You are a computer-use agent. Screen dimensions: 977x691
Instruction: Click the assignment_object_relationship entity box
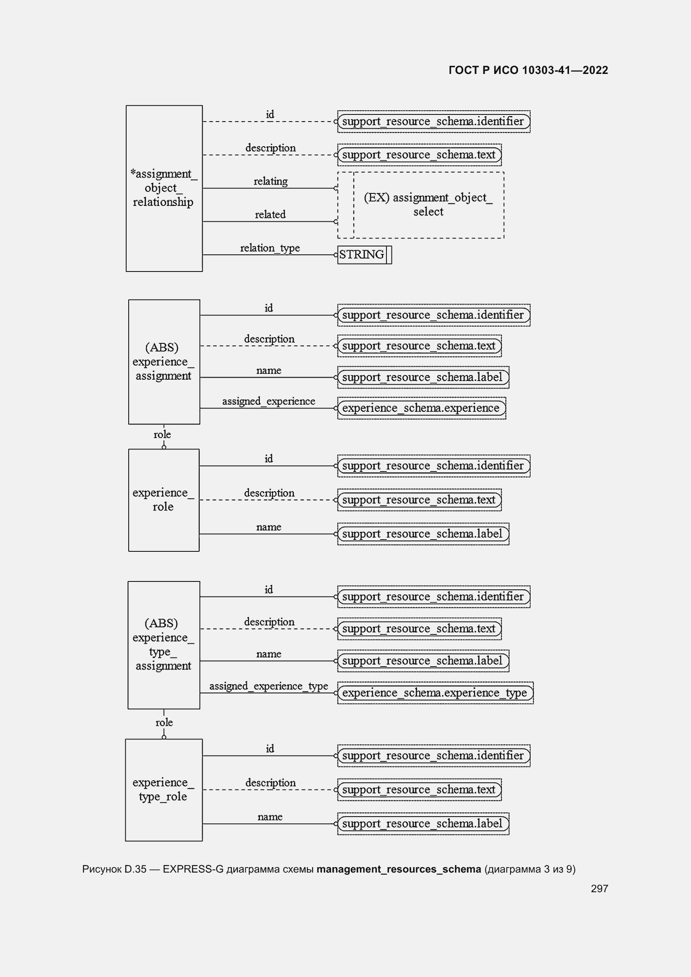164,188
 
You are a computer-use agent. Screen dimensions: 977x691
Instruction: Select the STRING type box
364,255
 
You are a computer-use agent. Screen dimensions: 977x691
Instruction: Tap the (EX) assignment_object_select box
428,205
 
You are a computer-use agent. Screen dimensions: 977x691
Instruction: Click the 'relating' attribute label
271,181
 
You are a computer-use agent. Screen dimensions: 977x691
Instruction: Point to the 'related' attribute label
270,214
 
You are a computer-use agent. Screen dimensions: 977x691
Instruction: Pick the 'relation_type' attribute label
270,248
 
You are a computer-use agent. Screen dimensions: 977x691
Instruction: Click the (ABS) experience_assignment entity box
164,362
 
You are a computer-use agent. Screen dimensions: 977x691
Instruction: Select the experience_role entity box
163,500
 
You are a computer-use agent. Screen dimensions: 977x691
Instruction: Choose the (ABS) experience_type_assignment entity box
163,645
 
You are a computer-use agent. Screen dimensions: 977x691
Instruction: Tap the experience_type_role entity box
163,790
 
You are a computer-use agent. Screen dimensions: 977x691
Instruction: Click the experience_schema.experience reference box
421,408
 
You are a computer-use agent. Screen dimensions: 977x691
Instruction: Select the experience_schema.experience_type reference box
435,693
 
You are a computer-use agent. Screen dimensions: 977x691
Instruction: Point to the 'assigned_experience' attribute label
269,401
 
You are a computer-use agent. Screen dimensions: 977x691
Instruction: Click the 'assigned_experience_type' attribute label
269,686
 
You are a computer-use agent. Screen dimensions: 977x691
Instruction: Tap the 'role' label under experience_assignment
162,434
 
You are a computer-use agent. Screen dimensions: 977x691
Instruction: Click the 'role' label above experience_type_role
164,723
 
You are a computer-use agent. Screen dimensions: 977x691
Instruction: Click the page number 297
599,888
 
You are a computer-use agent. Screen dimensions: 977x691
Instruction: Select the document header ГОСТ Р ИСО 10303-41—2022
528,70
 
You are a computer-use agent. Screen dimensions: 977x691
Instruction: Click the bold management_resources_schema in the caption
398,869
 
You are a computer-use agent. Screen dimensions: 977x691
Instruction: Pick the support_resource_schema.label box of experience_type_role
423,824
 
